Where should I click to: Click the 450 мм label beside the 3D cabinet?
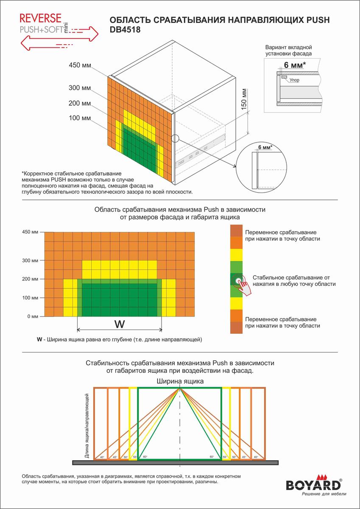pos(80,65)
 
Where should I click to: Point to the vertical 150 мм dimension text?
pos(243,100)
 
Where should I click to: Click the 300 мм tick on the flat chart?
pos(30,260)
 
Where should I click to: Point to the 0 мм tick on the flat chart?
pos(32,316)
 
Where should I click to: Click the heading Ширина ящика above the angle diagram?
pos(180,381)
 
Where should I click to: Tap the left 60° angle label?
pos(145,457)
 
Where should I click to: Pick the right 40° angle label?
pos(256,457)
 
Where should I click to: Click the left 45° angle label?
pos(115,457)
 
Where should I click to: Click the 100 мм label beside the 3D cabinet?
pos(80,118)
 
